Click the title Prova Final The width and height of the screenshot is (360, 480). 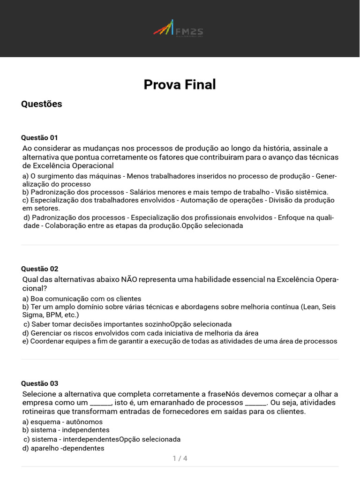tap(180, 84)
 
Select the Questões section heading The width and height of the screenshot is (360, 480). tap(41, 104)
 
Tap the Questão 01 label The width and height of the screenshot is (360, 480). tap(39, 137)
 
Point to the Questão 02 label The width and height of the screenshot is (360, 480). tap(39, 269)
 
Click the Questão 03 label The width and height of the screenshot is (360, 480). tap(39, 383)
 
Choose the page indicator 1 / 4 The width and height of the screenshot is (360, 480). tap(180, 458)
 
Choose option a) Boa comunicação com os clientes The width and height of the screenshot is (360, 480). tap(82, 299)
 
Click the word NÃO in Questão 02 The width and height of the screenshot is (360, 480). tap(129, 280)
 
